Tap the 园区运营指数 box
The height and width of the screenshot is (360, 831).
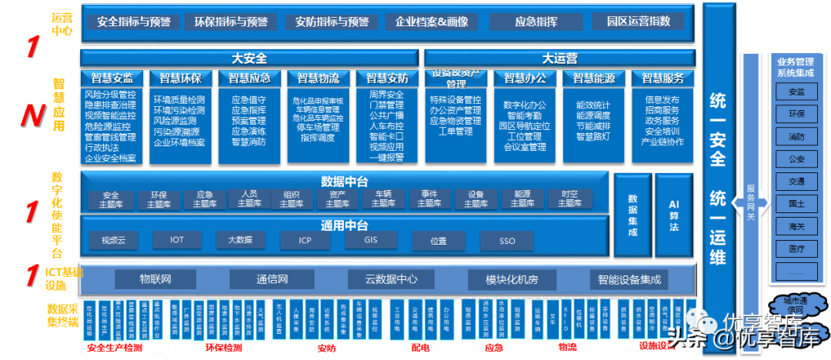639,21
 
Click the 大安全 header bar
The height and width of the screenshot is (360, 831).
249,58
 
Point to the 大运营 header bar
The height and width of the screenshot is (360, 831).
559,58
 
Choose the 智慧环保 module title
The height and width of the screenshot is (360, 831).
180,78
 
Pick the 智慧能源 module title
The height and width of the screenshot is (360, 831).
594,78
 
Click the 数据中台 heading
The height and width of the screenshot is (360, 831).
344,181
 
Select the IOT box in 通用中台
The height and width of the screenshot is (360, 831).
177,241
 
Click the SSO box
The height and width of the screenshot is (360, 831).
506,241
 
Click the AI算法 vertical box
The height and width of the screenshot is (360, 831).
674,216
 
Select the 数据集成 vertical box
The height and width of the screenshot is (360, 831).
632,216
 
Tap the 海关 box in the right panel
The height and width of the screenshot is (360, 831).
796,226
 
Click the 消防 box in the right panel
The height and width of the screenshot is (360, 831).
796,137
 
